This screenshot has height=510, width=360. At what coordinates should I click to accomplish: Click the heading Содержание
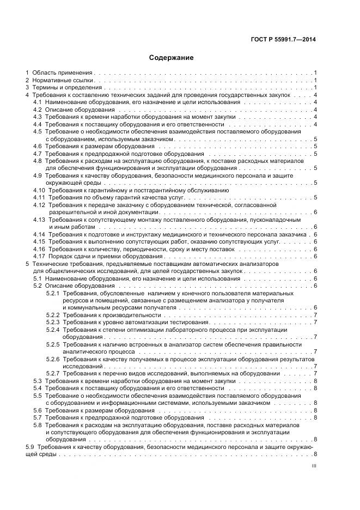point(171,57)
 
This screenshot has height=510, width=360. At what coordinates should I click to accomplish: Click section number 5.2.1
point(53,293)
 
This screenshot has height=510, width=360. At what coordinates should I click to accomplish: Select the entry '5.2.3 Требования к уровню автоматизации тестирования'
point(127,323)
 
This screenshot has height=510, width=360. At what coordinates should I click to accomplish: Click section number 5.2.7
point(53,374)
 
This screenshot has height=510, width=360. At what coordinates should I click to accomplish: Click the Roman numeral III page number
point(314,466)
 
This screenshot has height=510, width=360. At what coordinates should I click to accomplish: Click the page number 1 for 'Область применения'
point(315,72)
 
